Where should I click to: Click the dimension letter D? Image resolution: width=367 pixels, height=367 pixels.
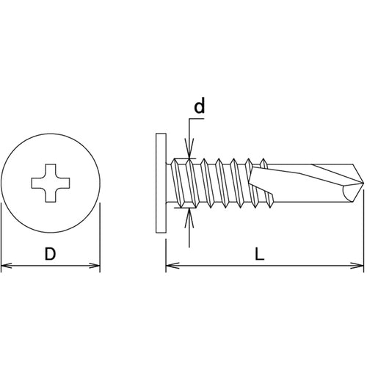(51, 254)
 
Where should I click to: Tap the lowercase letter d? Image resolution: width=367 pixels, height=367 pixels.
(199, 106)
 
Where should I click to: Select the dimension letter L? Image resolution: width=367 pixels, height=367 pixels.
(260, 254)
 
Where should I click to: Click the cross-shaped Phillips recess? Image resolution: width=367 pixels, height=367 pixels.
(51, 183)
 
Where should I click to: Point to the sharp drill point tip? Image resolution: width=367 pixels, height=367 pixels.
(363, 183)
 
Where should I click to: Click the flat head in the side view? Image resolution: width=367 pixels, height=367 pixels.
(161, 183)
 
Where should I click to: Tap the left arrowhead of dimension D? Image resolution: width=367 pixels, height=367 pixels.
(6, 265)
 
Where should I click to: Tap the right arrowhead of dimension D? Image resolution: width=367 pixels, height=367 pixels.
(95, 265)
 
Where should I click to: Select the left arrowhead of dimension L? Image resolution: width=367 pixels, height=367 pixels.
(172, 265)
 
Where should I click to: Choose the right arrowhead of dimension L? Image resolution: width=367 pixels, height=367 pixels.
(357, 265)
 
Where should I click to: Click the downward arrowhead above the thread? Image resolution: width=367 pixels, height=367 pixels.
(189, 148)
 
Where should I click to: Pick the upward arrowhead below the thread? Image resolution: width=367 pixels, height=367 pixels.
(189, 218)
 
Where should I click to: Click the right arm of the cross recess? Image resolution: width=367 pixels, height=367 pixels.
(65, 183)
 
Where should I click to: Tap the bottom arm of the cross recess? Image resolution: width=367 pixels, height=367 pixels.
(51, 197)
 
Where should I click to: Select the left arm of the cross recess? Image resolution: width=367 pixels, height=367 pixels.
(37, 183)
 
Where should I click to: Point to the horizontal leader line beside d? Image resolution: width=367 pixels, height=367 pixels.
(197, 119)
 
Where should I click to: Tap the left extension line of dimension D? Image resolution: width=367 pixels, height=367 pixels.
(1, 237)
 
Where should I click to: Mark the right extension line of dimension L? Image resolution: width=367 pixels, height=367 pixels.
(363, 230)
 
